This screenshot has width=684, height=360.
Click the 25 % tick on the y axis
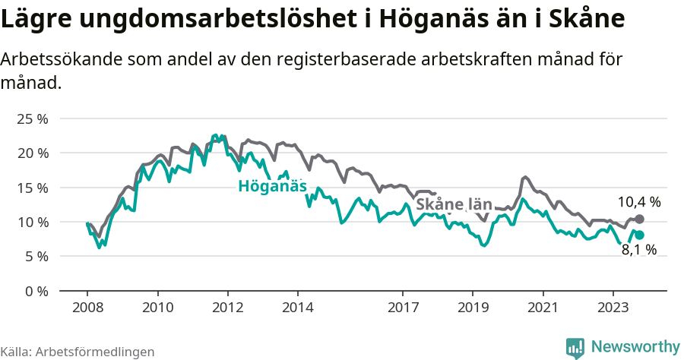point(33,118)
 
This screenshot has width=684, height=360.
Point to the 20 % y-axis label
point(33,153)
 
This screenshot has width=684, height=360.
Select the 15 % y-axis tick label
point(33,188)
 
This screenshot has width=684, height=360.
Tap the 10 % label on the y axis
point(33,222)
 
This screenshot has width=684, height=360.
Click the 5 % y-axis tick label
point(36,257)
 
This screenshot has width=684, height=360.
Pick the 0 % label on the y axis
point(36,291)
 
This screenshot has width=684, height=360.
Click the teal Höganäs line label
point(272,186)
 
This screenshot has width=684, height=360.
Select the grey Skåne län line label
point(454,204)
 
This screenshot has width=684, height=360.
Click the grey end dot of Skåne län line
point(639,219)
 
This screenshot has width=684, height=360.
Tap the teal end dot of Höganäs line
point(639,235)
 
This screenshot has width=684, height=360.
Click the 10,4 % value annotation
point(638,202)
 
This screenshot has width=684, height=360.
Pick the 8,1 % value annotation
point(638,249)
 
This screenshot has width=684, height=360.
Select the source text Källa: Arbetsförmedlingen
point(78,352)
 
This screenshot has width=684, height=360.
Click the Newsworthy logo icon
point(575,347)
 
